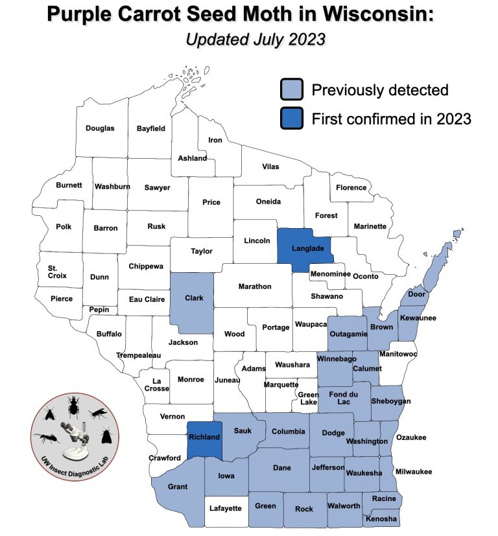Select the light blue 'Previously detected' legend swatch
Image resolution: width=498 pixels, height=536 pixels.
click(292, 89)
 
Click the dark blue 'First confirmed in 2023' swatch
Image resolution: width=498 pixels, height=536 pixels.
click(292, 119)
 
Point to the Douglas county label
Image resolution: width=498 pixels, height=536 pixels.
click(100, 128)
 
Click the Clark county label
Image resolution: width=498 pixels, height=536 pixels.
click(195, 298)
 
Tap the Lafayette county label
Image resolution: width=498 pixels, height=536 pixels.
click(226, 509)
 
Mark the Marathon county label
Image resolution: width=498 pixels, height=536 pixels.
click(255, 286)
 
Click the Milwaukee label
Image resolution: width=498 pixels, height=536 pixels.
click(414, 472)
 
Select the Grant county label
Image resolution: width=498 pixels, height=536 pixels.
click(177, 487)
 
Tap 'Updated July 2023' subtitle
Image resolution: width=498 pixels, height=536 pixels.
click(255, 39)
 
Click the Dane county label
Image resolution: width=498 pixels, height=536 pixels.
click(281, 467)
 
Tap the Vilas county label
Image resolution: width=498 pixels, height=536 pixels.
click(270, 167)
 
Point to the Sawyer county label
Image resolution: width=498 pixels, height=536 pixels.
click(157, 188)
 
